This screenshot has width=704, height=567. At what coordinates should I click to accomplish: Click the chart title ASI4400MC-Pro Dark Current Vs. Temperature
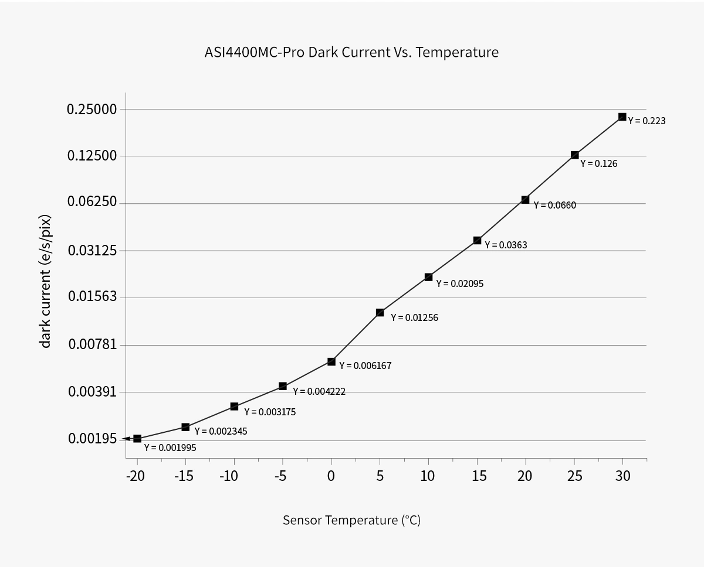point(351,52)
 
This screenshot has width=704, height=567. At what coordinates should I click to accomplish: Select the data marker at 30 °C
point(622,117)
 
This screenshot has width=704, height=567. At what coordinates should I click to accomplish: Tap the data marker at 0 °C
point(331,361)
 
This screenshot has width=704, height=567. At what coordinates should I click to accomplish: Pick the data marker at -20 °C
point(137,439)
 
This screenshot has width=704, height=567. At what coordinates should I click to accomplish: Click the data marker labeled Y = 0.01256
point(380,312)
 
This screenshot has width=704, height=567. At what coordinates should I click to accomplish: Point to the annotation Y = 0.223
point(647,121)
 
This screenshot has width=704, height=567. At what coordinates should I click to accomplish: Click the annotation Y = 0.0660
point(555,205)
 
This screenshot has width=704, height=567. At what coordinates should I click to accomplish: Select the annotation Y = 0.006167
point(365,366)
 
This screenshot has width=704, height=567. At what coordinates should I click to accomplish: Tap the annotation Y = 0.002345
point(221,431)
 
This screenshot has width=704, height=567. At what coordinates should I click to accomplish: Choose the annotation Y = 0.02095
point(459,283)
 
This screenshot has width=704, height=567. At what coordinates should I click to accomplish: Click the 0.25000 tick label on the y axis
point(92,109)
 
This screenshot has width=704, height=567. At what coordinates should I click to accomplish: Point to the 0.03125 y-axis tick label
point(92,250)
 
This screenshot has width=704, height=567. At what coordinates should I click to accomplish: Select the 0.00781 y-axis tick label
point(93,344)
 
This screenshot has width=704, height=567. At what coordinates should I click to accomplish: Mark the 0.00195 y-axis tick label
point(93,438)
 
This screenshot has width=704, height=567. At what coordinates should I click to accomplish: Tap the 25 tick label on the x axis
point(575,476)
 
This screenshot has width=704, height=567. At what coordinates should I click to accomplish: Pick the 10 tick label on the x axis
point(428,476)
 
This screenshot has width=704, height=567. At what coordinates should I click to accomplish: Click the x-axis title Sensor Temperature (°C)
point(351,520)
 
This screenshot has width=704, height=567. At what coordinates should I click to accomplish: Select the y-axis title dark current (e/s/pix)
point(46,281)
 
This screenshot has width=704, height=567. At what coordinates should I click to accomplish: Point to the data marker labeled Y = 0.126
point(575,155)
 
